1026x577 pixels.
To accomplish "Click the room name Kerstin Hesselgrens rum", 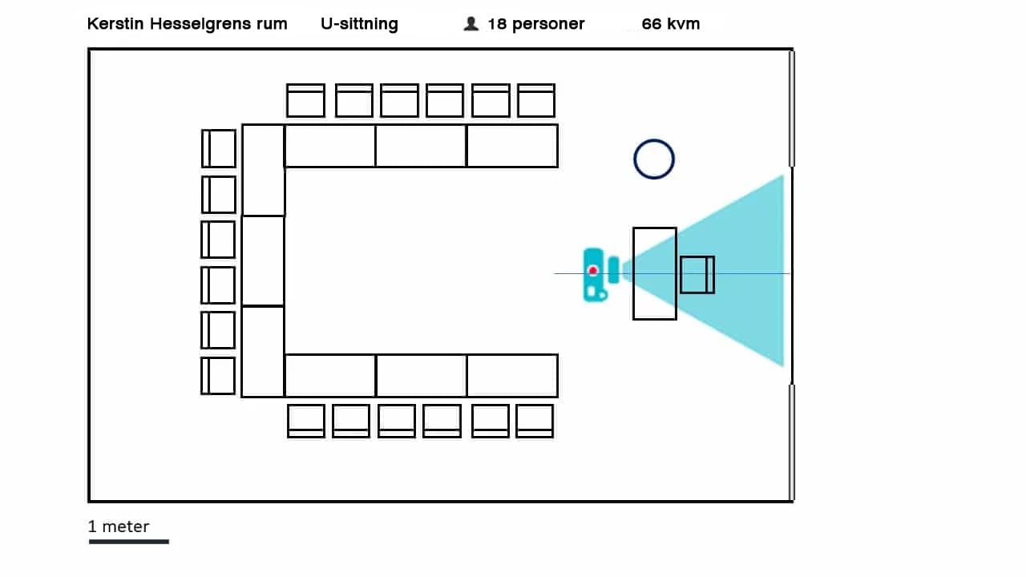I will tap(187, 24).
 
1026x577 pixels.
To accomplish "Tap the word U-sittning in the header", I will tap(359, 24).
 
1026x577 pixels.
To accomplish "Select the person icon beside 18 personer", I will tap(471, 24).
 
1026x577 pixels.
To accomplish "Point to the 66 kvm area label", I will tap(671, 24).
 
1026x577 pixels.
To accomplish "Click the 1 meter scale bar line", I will tap(128, 542).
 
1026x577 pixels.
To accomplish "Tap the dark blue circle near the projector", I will tap(654, 159).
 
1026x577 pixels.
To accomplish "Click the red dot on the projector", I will tap(593, 271).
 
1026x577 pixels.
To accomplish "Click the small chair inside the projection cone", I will tap(697, 274).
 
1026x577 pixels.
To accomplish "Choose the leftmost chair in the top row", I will tap(305, 101).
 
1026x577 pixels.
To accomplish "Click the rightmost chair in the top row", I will tap(536, 101).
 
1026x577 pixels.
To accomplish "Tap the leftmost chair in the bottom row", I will tap(306, 421).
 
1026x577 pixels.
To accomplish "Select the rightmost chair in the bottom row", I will tap(535, 421).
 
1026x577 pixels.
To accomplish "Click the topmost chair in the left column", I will tap(219, 148).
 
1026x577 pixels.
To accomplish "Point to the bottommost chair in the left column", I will tap(218, 376).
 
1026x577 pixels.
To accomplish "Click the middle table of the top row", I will tap(421, 146).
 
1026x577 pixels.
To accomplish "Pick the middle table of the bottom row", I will tap(421, 375).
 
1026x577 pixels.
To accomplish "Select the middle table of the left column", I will tap(263, 260).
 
